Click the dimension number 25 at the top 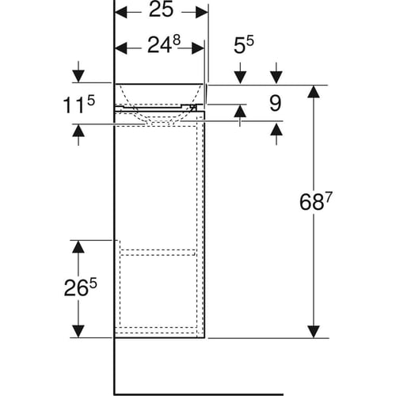tap(161, 10)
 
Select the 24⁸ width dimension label tap(164, 45)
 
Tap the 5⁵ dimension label tap(243, 44)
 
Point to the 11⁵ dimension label tap(78, 105)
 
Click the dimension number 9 tap(275, 103)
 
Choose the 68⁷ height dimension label tap(315, 201)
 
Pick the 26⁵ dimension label tap(81, 287)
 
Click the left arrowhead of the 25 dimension tap(121, 13)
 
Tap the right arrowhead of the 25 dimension tap(202, 13)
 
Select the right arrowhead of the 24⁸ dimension tap(198, 48)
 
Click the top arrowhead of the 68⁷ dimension tap(314, 92)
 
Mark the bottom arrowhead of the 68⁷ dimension tap(314, 332)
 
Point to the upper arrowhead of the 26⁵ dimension tap(78, 247)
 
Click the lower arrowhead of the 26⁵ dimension tap(78, 332)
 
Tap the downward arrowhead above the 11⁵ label tap(78, 77)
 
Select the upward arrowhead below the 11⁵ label tap(78, 131)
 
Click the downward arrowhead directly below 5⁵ tap(240, 78)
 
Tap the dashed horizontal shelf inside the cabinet tap(158, 252)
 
